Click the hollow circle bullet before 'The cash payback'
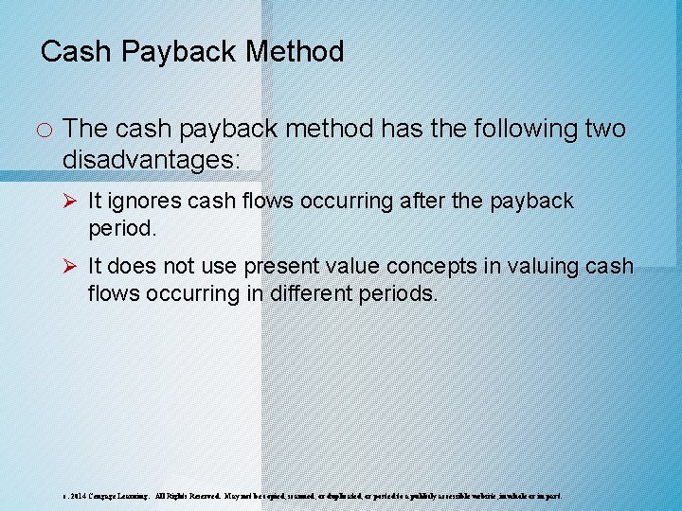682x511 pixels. click(x=45, y=129)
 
